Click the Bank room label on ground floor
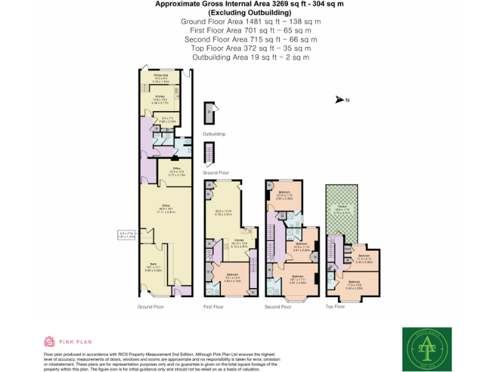(x=153, y=265)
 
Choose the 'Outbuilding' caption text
(x=214, y=134)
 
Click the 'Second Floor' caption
(x=278, y=307)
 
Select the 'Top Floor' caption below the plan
(x=335, y=307)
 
